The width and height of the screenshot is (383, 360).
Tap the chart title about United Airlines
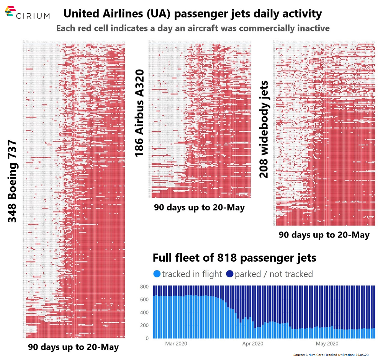192,14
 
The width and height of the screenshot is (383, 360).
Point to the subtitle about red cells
193,28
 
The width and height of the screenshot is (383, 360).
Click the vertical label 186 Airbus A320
139,114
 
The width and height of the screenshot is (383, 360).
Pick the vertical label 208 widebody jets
264,129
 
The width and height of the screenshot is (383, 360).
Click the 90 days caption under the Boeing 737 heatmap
73,347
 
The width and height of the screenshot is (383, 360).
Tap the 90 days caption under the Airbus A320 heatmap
199,208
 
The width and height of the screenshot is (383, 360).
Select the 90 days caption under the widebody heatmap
324,235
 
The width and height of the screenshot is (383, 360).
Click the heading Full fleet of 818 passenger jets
234,258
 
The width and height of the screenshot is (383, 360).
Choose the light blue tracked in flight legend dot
156,274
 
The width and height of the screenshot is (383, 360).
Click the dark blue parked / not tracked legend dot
229,274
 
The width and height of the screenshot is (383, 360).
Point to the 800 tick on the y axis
144,287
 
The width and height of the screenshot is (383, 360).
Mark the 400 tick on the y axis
144,313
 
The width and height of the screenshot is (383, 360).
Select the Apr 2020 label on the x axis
252,344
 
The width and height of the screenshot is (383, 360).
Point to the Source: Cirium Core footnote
331,355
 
